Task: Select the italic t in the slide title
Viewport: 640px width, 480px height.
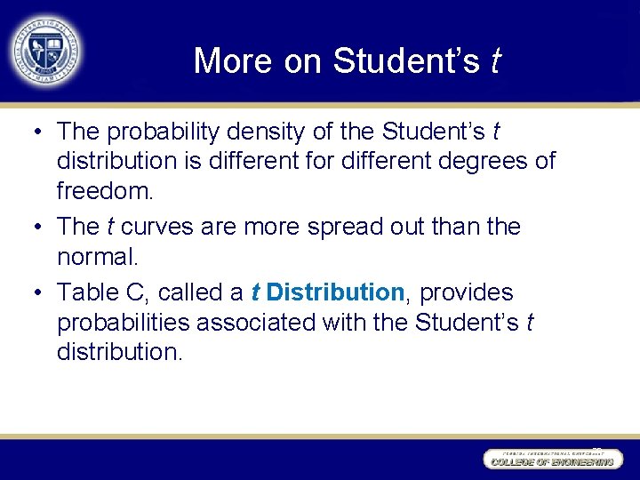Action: pos(495,61)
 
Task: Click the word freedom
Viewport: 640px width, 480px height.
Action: pos(103,191)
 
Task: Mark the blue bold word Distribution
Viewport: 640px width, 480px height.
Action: pos(335,292)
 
